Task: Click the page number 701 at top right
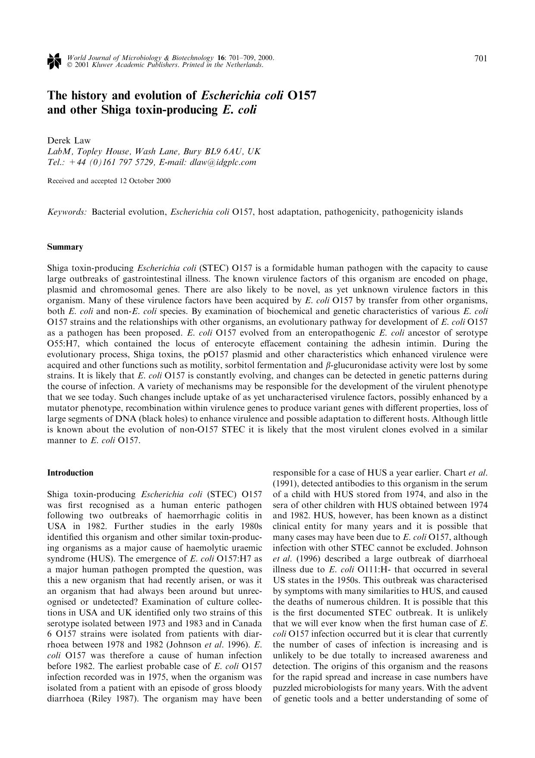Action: (x=481, y=59)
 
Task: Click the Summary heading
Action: (x=65, y=247)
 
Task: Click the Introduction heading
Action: (x=70, y=473)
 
